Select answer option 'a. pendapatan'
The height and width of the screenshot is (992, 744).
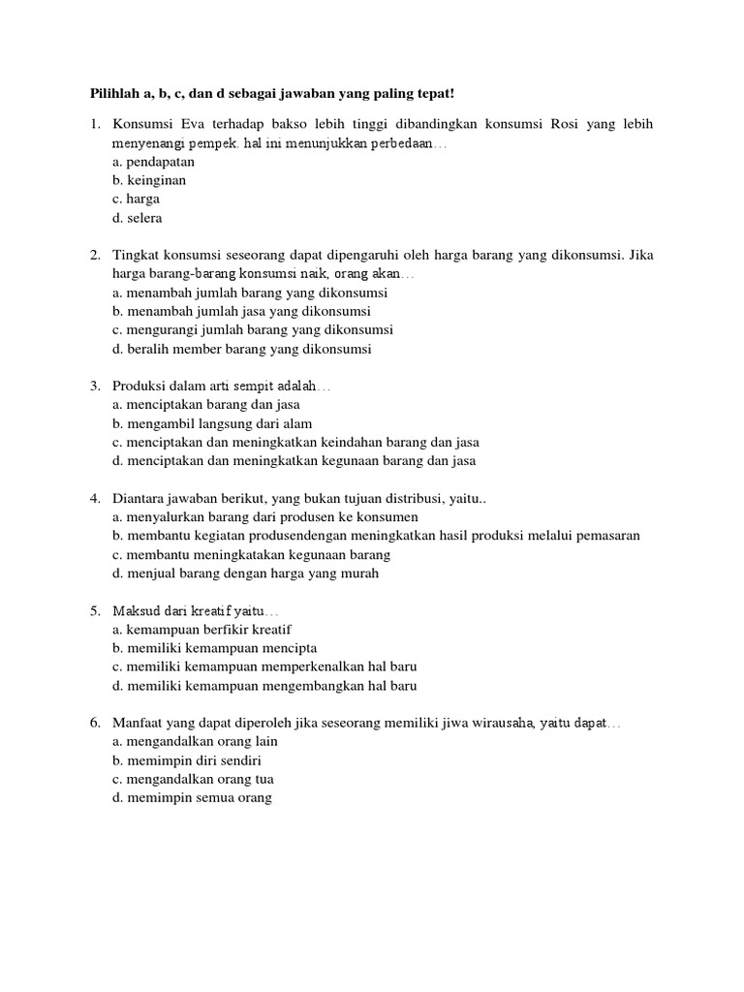click(x=153, y=162)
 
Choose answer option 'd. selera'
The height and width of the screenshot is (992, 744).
click(x=138, y=218)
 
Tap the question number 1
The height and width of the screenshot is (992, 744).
click(x=95, y=124)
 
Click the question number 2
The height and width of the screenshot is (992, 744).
click(x=95, y=255)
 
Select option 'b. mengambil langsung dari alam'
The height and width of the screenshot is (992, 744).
click(x=212, y=423)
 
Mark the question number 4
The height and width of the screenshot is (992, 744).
click(x=95, y=498)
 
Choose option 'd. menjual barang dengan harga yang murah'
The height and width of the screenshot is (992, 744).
click(x=245, y=573)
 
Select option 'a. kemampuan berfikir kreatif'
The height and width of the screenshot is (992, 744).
click(x=201, y=629)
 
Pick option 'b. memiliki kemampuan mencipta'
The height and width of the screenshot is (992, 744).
click(x=214, y=647)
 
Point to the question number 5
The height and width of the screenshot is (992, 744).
click(x=95, y=610)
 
